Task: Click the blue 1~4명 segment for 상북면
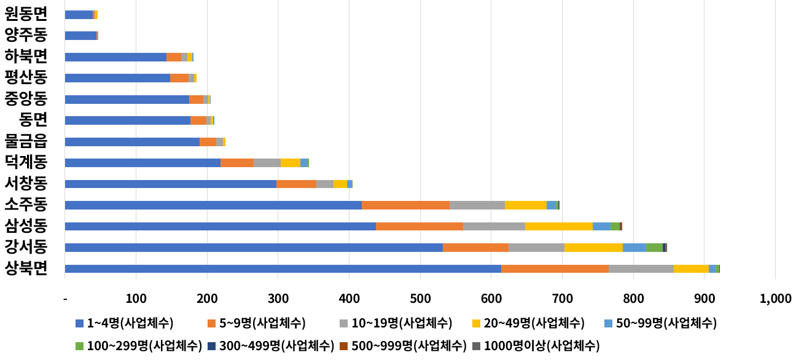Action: (283, 268)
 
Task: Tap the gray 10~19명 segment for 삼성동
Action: (494, 226)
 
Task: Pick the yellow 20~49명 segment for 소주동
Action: (525, 205)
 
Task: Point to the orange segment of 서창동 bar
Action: (296, 184)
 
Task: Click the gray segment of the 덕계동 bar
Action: (267, 163)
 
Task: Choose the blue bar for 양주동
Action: (80, 36)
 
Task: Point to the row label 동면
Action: (33, 120)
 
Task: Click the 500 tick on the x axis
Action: (420, 299)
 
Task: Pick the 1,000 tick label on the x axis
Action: (775, 299)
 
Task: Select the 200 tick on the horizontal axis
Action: (207, 299)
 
